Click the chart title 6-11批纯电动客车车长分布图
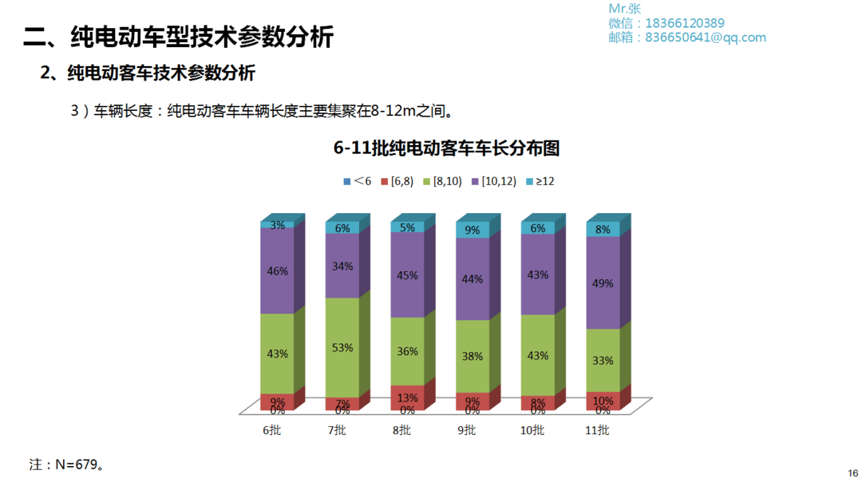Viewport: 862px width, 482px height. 446,148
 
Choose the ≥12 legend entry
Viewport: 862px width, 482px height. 540,181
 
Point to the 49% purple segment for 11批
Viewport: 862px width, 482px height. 603,282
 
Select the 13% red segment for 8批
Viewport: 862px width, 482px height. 407,397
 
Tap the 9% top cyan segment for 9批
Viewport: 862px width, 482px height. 473,230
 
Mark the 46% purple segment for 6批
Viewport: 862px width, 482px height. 277,271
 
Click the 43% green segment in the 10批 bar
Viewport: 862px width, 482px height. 537,354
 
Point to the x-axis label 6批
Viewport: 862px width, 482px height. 271,431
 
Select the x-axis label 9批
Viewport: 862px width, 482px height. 467,431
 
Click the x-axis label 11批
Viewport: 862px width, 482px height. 597,431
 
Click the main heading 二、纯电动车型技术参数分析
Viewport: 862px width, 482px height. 178,37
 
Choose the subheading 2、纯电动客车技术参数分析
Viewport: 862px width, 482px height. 148,73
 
